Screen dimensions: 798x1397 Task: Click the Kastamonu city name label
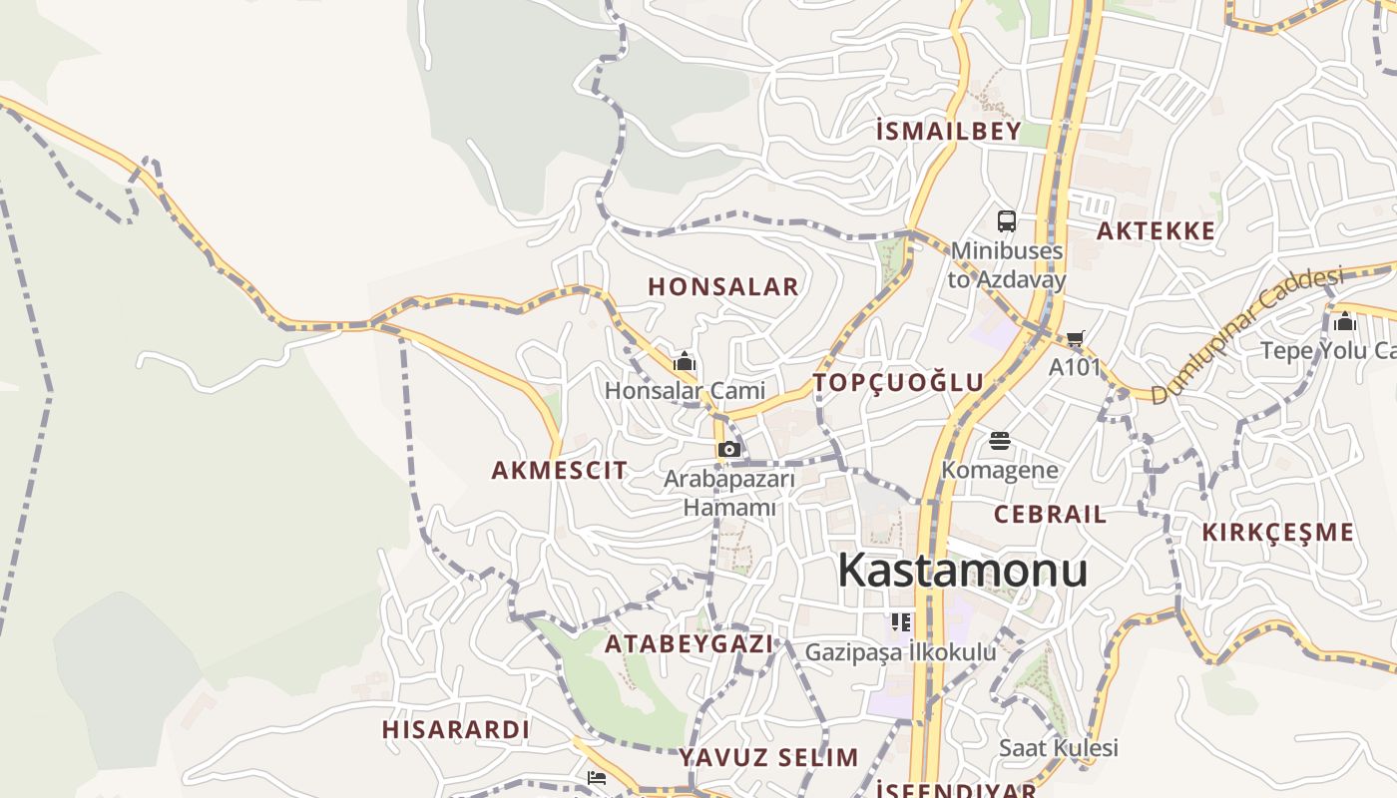[x=962, y=571]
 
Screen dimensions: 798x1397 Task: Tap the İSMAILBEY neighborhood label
[x=948, y=131]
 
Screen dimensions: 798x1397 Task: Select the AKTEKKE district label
[x=1156, y=231]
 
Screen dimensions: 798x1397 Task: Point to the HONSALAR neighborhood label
[x=723, y=286]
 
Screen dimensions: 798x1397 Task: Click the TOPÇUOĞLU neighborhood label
[x=898, y=382]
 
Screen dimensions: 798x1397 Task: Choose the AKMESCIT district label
[x=560, y=470]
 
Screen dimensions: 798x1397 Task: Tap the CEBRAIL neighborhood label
[x=1050, y=515]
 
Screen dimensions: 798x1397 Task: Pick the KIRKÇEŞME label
[x=1277, y=532]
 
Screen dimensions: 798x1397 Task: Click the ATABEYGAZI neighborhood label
[x=689, y=644]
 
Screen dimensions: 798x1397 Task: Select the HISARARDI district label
[x=455, y=730]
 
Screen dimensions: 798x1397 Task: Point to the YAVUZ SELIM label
[x=768, y=757]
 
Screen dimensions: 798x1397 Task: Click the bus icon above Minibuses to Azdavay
[x=1006, y=221]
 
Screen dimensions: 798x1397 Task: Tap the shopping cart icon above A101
[x=1075, y=339]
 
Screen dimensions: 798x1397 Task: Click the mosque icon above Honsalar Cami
[x=685, y=361]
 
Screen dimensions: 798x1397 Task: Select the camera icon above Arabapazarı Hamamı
[x=729, y=449]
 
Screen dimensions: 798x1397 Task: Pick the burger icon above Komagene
[x=1000, y=441]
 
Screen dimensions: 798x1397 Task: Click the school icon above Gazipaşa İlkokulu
[x=901, y=623]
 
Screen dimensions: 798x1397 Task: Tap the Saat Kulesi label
[x=1059, y=748]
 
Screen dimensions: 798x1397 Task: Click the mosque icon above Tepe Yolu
[x=1344, y=322]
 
